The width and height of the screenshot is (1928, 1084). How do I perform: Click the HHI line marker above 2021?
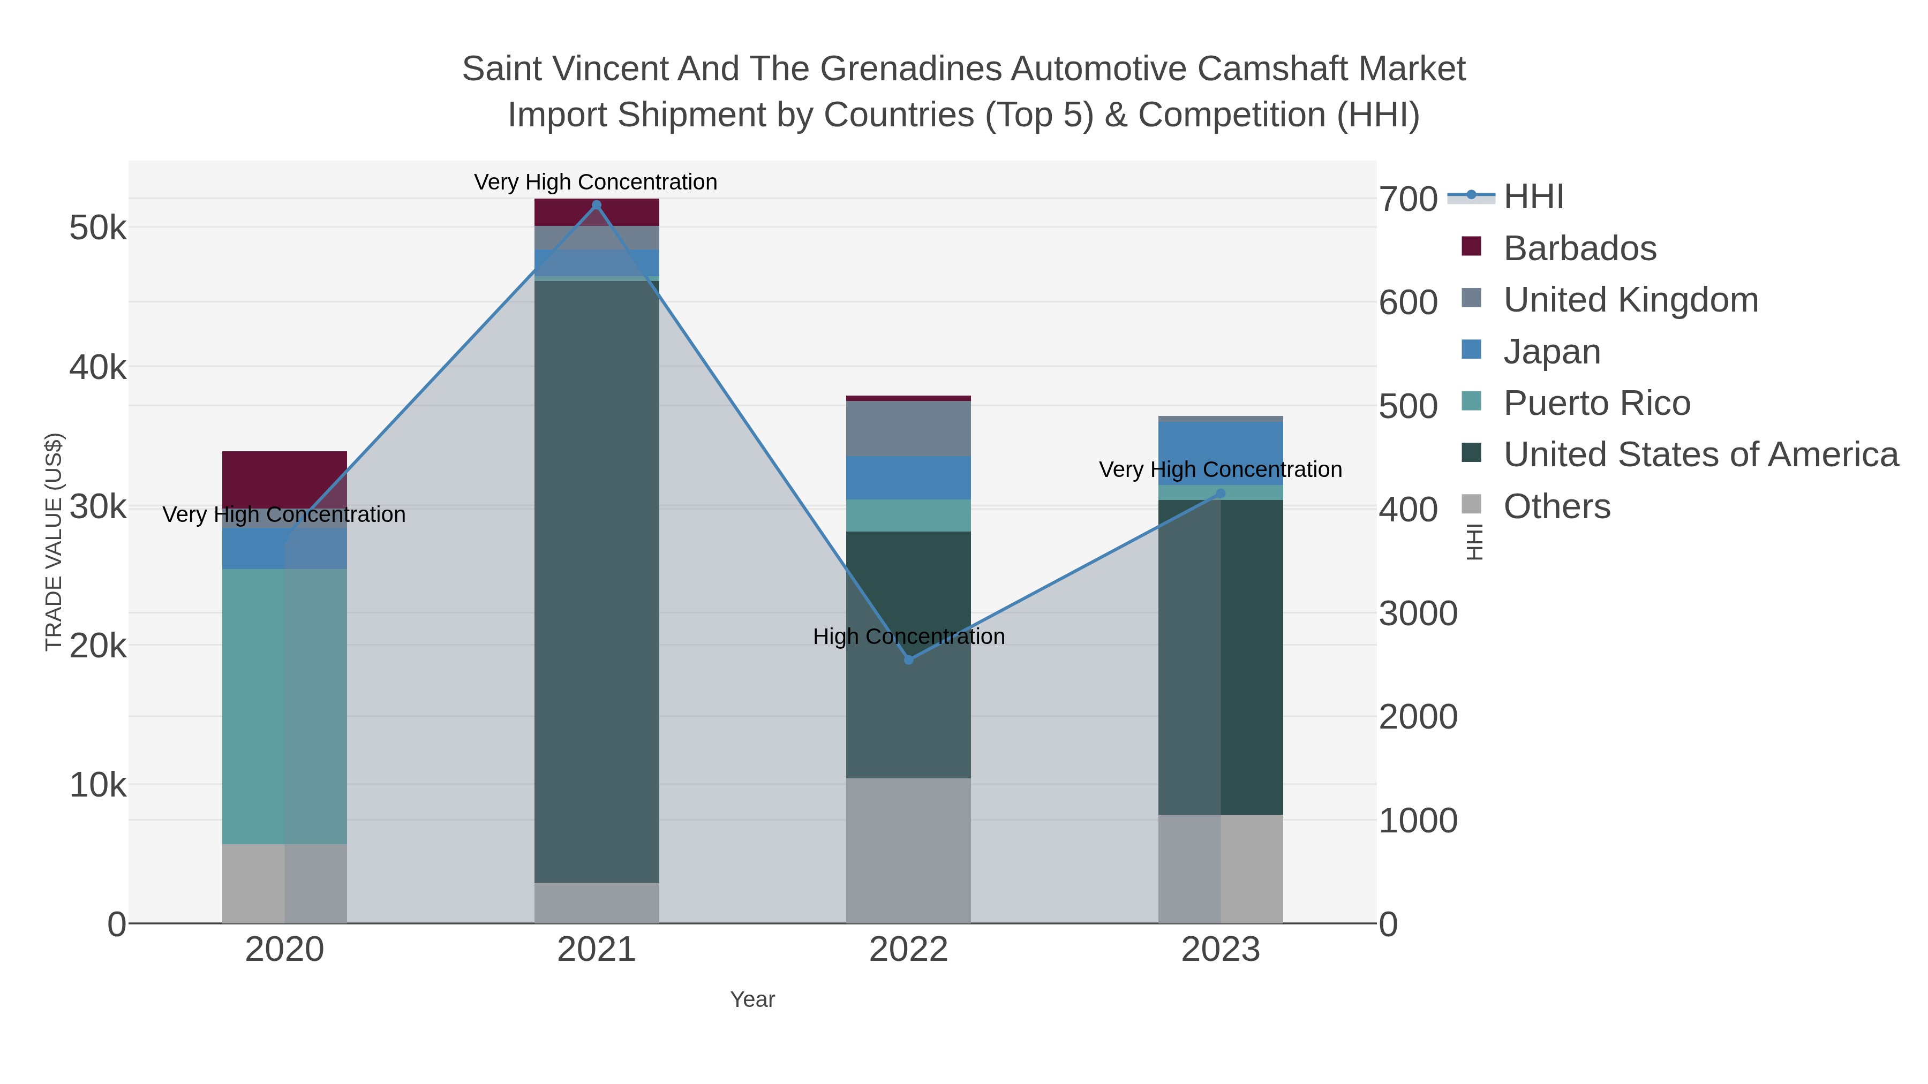click(x=597, y=205)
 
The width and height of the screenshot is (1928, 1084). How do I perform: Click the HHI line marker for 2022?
click(x=909, y=660)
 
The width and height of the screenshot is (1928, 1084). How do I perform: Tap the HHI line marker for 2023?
click(x=1221, y=493)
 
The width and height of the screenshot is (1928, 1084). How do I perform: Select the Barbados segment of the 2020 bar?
click(x=284, y=479)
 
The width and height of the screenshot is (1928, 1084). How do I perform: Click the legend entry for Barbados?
click(x=1579, y=248)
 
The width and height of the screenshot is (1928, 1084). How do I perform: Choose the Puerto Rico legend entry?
click(x=1596, y=403)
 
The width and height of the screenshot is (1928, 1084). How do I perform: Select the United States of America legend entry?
click(x=1700, y=455)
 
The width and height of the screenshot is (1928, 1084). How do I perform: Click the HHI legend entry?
click(x=1533, y=197)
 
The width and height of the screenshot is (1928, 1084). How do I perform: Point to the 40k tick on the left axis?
click(x=98, y=367)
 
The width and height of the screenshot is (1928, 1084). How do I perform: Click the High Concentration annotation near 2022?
click(x=909, y=636)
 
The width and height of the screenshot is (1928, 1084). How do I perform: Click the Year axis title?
click(x=752, y=999)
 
